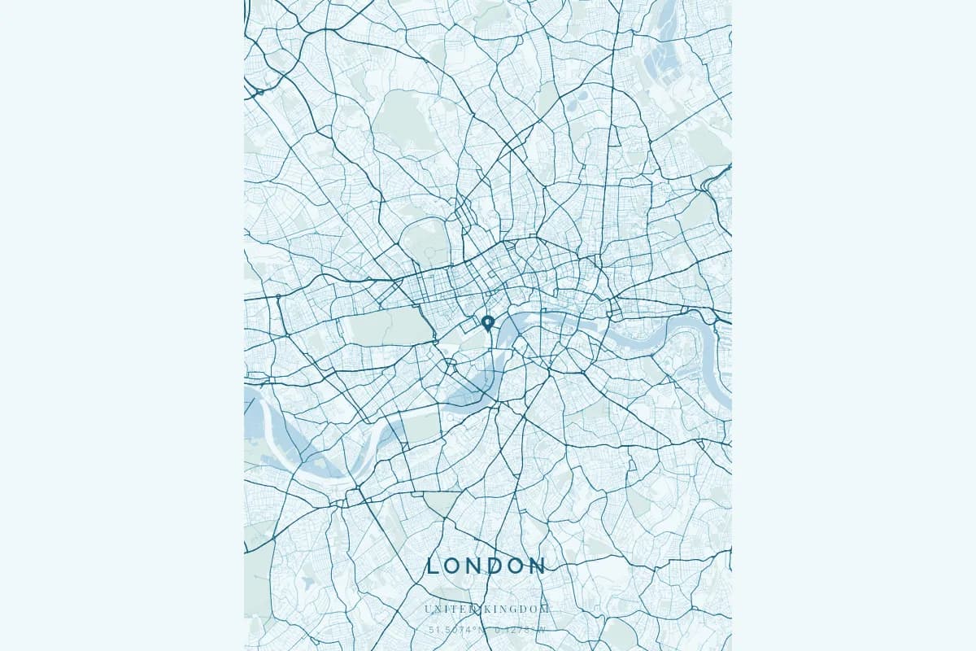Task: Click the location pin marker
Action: [x=488, y=323]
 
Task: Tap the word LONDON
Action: [x=486, y=566]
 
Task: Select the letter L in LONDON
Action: [x=433, y=566]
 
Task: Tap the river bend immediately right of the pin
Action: [x=516, y=325]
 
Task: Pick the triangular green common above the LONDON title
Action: [x=443, y=505]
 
